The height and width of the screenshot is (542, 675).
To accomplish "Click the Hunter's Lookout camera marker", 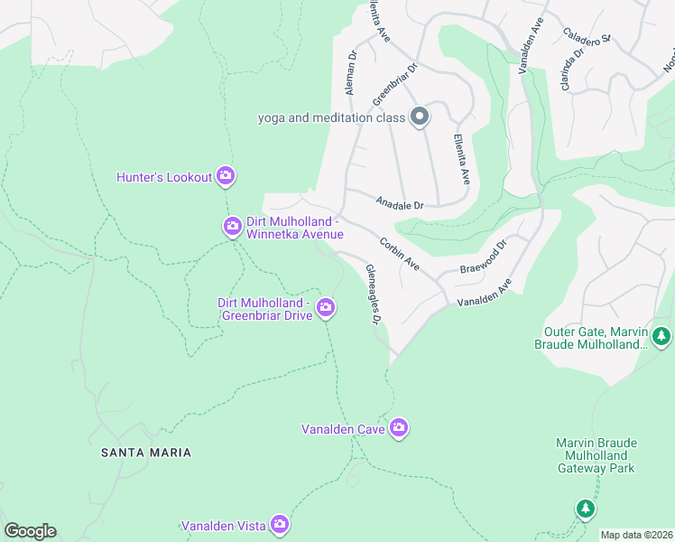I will (x=226, y=177).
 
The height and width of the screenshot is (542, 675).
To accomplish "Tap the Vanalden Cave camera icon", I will (x=399, y=428).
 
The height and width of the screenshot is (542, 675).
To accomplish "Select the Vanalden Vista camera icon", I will (x=280, y=524).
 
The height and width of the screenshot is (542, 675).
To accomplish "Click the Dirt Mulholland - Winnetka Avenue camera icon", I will (x=233, y=226).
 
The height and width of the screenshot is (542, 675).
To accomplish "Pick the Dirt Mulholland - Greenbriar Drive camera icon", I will (x=326, y=309).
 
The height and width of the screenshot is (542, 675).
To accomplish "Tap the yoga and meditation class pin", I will (x=419, y=117).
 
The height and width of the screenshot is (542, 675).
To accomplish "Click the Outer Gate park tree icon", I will (x=661, y=337).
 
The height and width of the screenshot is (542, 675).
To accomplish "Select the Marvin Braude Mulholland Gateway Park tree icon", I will (x=586, y=509).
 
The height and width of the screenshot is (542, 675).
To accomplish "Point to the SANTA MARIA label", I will (x=146, y=452).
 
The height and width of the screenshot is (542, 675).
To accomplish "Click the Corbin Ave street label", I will (x=399, y=253).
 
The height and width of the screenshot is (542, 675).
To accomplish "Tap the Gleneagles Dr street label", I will (x=374, y=294).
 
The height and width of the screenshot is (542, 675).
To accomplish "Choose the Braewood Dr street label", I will (x=484, y=257).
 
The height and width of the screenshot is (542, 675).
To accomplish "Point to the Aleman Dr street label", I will (x=351, y=72).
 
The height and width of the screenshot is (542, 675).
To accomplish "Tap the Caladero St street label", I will (x=587, y=35).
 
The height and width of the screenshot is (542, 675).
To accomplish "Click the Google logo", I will (x=30, y=531).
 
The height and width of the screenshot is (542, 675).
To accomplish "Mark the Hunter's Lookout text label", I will (x=164, y=177).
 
